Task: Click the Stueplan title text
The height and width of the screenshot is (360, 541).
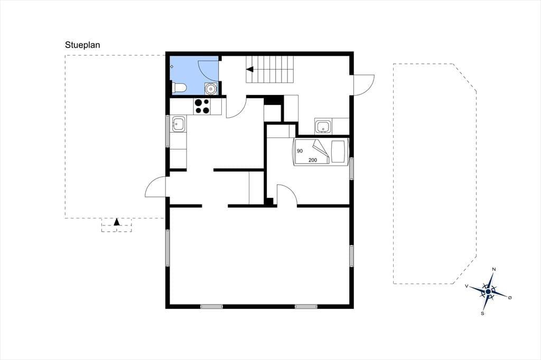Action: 82,45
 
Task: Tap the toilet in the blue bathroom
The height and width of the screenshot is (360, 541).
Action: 179,88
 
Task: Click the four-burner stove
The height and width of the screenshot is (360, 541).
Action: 202,106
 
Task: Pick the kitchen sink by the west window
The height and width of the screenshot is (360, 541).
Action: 179,124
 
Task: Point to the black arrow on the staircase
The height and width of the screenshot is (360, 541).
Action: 250,69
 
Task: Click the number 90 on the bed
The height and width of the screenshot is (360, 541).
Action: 300,151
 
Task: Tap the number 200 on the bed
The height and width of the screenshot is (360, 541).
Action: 313,160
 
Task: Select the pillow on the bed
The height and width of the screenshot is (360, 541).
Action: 339,151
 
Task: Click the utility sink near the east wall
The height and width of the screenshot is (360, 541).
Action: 323,126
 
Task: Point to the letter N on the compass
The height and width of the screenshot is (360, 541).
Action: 494,269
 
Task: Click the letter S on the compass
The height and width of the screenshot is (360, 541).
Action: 483,314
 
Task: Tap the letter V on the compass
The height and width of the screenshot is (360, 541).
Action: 467,286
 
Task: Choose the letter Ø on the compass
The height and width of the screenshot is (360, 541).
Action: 510,297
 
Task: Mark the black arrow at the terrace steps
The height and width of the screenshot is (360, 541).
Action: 117,222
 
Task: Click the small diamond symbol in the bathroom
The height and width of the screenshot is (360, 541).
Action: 172,66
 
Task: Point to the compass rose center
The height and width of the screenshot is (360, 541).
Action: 488,292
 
